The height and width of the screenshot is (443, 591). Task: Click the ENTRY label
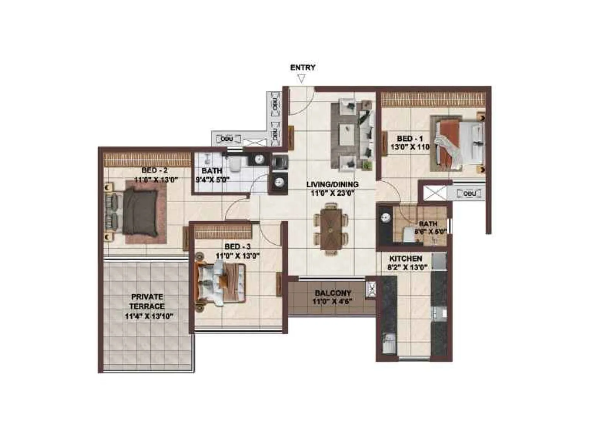tap(303, 68)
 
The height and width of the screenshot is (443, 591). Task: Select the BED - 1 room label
tap(410, 139)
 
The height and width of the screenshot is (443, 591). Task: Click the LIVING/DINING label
tap(332, 184)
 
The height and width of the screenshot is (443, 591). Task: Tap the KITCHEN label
tap(406, 258)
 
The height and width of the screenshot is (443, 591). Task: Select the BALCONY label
tap(333, 293)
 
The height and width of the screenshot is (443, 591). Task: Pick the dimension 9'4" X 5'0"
tap(212, 181)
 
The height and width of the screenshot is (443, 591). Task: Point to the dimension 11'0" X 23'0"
tap(332, 193)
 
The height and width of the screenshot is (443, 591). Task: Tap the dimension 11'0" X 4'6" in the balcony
tap(333, 301)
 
